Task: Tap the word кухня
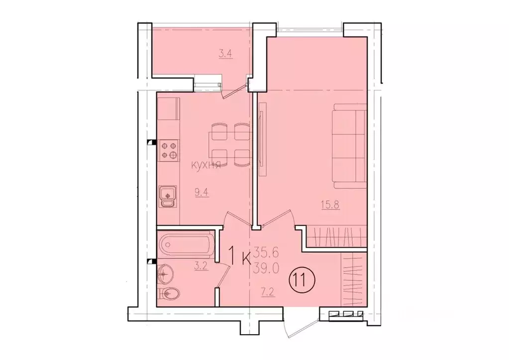[x=206, y=166]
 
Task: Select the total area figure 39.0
[x=267, y=268]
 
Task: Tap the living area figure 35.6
[x=267, y=251]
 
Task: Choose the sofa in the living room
[x=350, y=146]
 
